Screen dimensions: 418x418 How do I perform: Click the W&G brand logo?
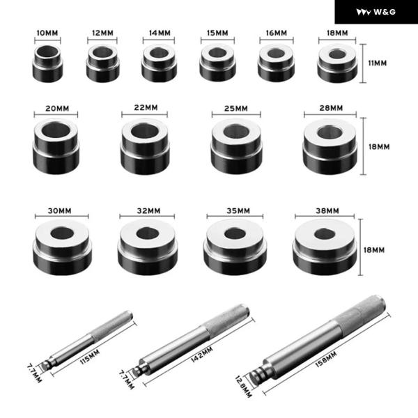click(x=376, y=12)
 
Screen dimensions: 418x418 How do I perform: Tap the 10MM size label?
click(x=47, y=33)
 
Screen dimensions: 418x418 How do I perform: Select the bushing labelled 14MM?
click(x=159, y=63)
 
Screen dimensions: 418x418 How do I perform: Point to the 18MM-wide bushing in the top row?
click(x=337, y=63)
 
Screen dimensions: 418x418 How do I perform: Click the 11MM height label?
click(x=377, y=63)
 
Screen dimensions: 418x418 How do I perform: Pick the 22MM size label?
click(x=146, y=108)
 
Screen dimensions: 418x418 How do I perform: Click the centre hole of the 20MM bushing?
click(x=56, y=130)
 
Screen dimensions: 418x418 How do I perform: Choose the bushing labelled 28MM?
click(x=330, y=146)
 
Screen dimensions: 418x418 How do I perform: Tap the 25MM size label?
click(x=236, y=109)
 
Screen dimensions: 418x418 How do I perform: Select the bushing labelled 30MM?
click(x=62, y=247)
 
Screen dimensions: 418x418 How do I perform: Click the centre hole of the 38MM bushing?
click(x=325, y=234)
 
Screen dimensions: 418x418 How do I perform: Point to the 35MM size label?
click(x=238, y=211)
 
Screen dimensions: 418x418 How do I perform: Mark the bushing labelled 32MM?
click(x=148, y=247)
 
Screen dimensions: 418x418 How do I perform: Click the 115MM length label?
click(x=90, y=357)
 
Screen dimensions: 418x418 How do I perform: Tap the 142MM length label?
click(x=202, y=355)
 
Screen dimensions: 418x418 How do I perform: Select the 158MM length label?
click(x=326, y=359)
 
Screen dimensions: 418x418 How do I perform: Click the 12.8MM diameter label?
click(x=243, y=387)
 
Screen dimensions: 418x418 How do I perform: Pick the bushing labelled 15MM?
click(x=217, y=63)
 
